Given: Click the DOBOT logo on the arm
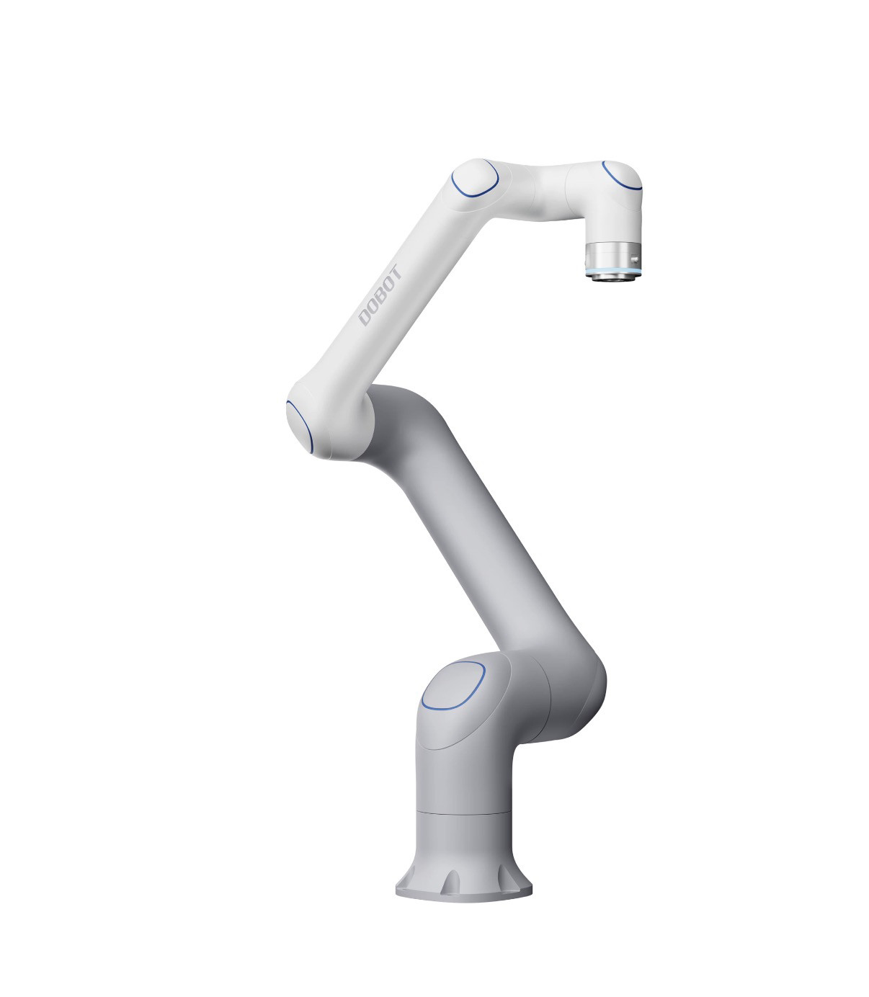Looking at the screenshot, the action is (x=380, y=295).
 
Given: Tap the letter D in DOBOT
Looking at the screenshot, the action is (x=365, y=318).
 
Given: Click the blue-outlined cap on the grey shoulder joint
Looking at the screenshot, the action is (x=453, y=686).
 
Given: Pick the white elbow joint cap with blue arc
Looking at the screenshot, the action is (x=300, y=426).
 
